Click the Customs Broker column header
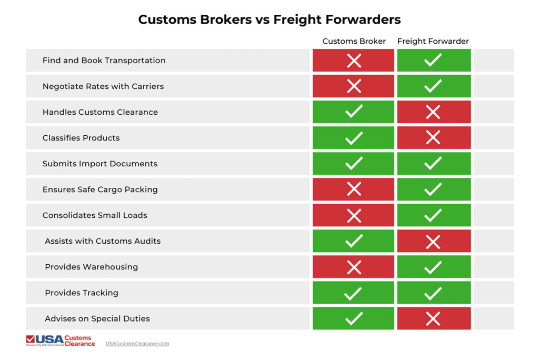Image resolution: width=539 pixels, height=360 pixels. point(354,41)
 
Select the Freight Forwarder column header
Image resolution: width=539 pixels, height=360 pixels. point(433,41)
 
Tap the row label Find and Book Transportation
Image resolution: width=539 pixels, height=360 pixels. point(104,61)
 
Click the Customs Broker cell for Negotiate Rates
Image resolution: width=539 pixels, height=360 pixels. point(354,86)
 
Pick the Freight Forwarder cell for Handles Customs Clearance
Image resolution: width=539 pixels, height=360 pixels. point(433,112)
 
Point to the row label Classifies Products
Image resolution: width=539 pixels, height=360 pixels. point(81,138)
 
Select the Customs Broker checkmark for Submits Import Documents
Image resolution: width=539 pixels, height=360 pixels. point(354,164)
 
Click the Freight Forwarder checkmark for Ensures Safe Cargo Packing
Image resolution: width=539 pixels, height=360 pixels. point(433,189)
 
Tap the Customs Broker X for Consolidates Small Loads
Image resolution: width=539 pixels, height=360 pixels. point(354,215)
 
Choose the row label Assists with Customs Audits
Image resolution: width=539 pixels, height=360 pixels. point(103,241)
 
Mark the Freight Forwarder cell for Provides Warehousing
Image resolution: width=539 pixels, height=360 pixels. point(433,267)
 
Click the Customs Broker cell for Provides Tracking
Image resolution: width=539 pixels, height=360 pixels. point(354,293)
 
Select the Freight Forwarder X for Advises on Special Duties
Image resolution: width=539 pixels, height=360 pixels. point(433,318)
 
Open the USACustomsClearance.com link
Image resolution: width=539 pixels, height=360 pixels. point(137,344)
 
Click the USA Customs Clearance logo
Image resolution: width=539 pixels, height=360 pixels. point(61,341)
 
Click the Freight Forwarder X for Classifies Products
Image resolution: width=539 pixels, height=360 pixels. point(433,138)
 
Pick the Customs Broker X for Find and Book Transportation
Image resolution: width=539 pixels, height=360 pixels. point(354,61)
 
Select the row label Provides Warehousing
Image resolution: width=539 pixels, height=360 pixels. point(91,267)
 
